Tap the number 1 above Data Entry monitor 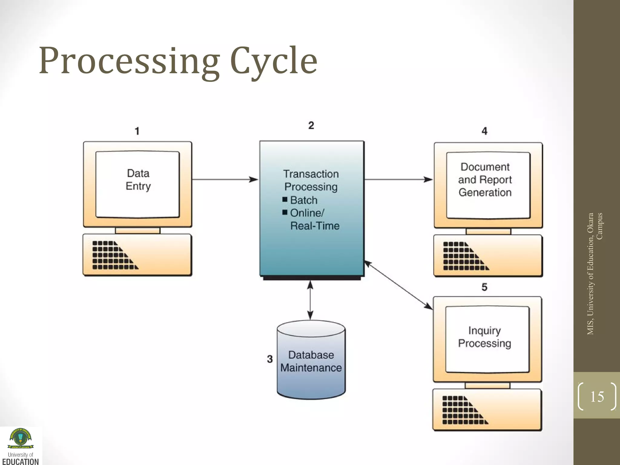pyautogui.click(x=137, y=131)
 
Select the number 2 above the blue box pyautogui.click(x=311, y=125)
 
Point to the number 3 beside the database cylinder pyautogui.click(x=270, y=359)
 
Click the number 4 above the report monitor pyautogui.click(x=484, y=131)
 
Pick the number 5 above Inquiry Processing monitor pyautogui.click(x=484, y=287)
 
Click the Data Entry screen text pyautogui.click(x=138, y=180)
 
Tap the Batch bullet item pyautogui.click(x=304, y=200)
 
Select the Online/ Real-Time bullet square pyautogui.click(x=285, y=212)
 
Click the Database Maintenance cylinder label pyautogui.click(x=311, y=361)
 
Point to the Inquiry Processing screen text pyautogui.click(x=484, y=337)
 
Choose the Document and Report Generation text pyautogui.click(x=485, y=180)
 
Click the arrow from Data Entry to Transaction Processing pyautogui.click(x=225, y=180)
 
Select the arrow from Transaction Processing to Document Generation pyautogui.click(x=398, y=180)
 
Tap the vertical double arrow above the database pyautogui.click(x=310, y=300)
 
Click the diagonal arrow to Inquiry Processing pyautogui.click(x=398, y=285)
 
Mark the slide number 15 pyautogui.click(x=597, y=397)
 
